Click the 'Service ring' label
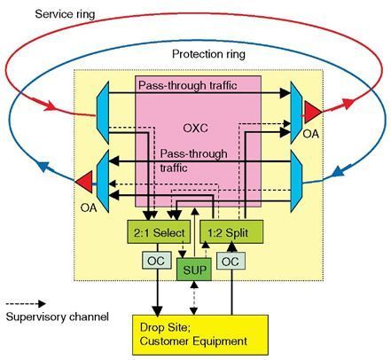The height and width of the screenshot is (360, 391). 65,15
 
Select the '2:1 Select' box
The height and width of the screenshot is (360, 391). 160,231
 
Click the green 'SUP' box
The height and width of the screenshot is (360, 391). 194,268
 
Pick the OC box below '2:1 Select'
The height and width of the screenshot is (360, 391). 152,262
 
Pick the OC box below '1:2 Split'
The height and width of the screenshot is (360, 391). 230,262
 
